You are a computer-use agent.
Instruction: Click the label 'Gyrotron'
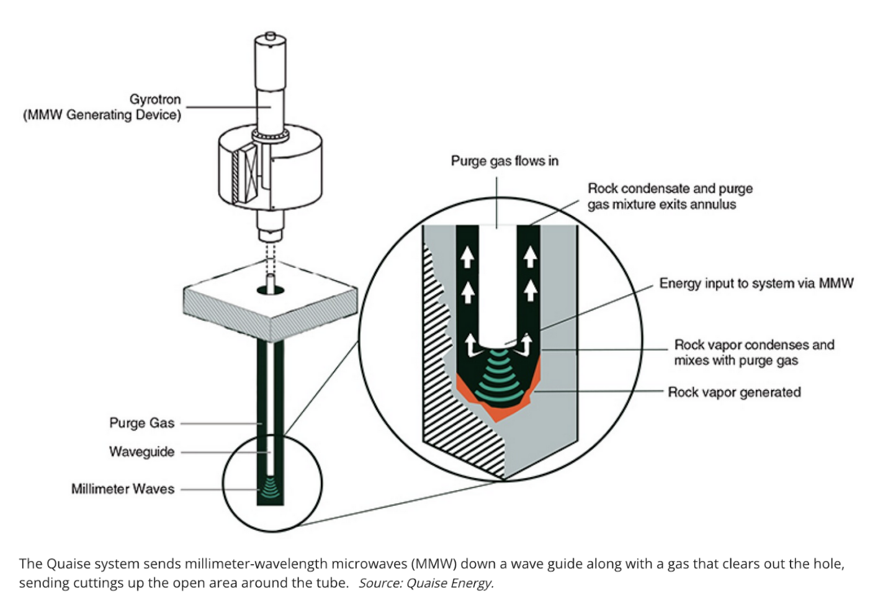[x=155, y=99]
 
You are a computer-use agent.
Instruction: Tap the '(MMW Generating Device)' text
[x=102, y=115]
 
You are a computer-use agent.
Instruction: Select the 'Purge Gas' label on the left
[x=141, y=423]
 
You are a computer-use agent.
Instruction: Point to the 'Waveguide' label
[x=141, y=452]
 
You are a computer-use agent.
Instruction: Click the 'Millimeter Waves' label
[x=122, y=489]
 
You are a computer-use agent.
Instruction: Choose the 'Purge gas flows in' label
[x=505, y=161]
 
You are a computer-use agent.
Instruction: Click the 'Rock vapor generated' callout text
[x=734, y=392]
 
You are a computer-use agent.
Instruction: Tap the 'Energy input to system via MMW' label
[x=756, y=283]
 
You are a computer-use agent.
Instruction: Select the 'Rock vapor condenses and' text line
[x=754, y=345]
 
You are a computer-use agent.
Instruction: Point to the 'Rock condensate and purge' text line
[x=670, y=188]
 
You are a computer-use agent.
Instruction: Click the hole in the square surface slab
[x=271, y=289]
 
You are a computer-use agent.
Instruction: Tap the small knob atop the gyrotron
[x=270, y=37]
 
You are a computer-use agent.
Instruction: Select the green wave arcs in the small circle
[x=270, y=488]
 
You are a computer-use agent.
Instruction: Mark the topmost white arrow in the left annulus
[x=467, y=257]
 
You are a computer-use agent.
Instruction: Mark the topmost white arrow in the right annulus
[x=529, y=257]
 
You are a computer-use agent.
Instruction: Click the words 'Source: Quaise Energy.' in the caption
[x=426, y=583]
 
